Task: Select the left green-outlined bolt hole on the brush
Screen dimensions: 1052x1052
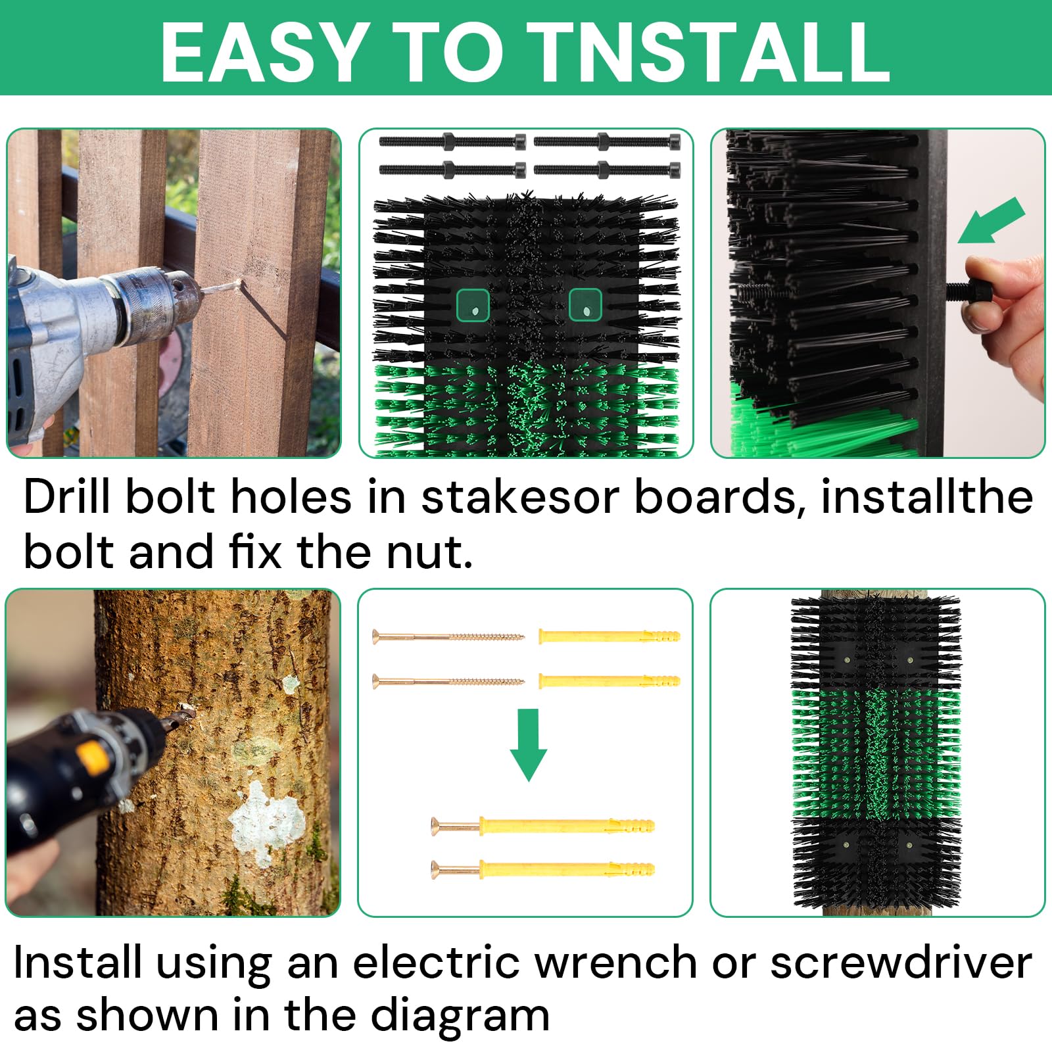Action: coord(473,305)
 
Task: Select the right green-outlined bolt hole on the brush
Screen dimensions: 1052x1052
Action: coord(585,305)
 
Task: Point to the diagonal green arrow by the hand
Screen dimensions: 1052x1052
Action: coord(992,220)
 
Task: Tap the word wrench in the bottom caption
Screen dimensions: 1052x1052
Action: coord(615,964)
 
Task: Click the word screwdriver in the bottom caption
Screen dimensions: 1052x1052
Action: coord(901,964)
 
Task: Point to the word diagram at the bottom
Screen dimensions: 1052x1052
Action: coord(460,1016)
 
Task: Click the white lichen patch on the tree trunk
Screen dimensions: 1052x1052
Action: coord(266,822)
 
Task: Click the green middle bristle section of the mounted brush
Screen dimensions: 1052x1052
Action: coord(876,753)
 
